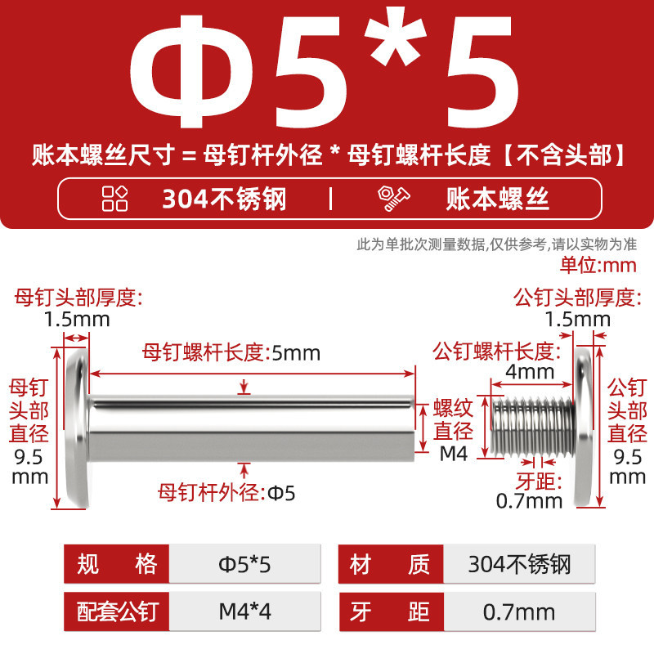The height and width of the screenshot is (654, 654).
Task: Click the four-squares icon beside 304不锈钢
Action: tap(114, 199)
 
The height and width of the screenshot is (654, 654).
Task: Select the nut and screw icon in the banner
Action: tap(393, 199)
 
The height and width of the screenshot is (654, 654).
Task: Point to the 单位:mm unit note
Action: tap(598, 265)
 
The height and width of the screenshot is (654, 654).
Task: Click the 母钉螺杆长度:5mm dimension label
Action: tap(231, 353)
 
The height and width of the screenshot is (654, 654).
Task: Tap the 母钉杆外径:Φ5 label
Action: tap(226, 493)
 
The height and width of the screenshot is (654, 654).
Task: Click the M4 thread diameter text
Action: tap(454, 454)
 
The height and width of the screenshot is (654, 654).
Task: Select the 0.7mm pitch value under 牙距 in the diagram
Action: tap(529, 500)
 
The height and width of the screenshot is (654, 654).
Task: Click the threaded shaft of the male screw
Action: tap(533, 426)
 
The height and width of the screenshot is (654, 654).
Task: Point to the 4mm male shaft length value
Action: tap(530, 371)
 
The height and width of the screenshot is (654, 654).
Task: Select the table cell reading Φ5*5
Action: tap(244, 564)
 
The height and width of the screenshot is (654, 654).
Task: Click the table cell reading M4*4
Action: tap(244, 611)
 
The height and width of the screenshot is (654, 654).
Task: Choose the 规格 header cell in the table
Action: tap(116, 564)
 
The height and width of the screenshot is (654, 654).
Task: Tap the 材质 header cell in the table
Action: tap(391, 564)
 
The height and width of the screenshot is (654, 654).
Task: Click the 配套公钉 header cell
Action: tap(116, 611)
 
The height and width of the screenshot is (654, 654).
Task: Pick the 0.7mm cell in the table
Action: tap(519, 611)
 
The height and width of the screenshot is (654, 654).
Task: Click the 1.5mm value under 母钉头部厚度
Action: tap(77, 320)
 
